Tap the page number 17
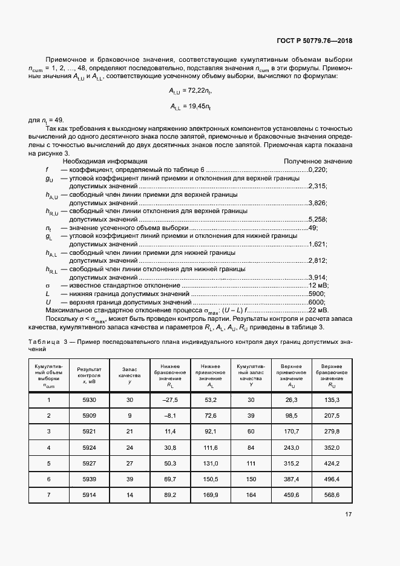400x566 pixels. click(348, 515)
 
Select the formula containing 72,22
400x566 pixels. click(191, 90)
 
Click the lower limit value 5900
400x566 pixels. click(318, 294)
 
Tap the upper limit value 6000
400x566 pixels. click(318, 302)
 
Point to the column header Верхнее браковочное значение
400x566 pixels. click(332, 375)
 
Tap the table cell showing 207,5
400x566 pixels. click(332, 416)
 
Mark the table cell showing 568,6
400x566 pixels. click(332, 495)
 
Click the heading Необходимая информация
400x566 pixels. click(105, 162)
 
